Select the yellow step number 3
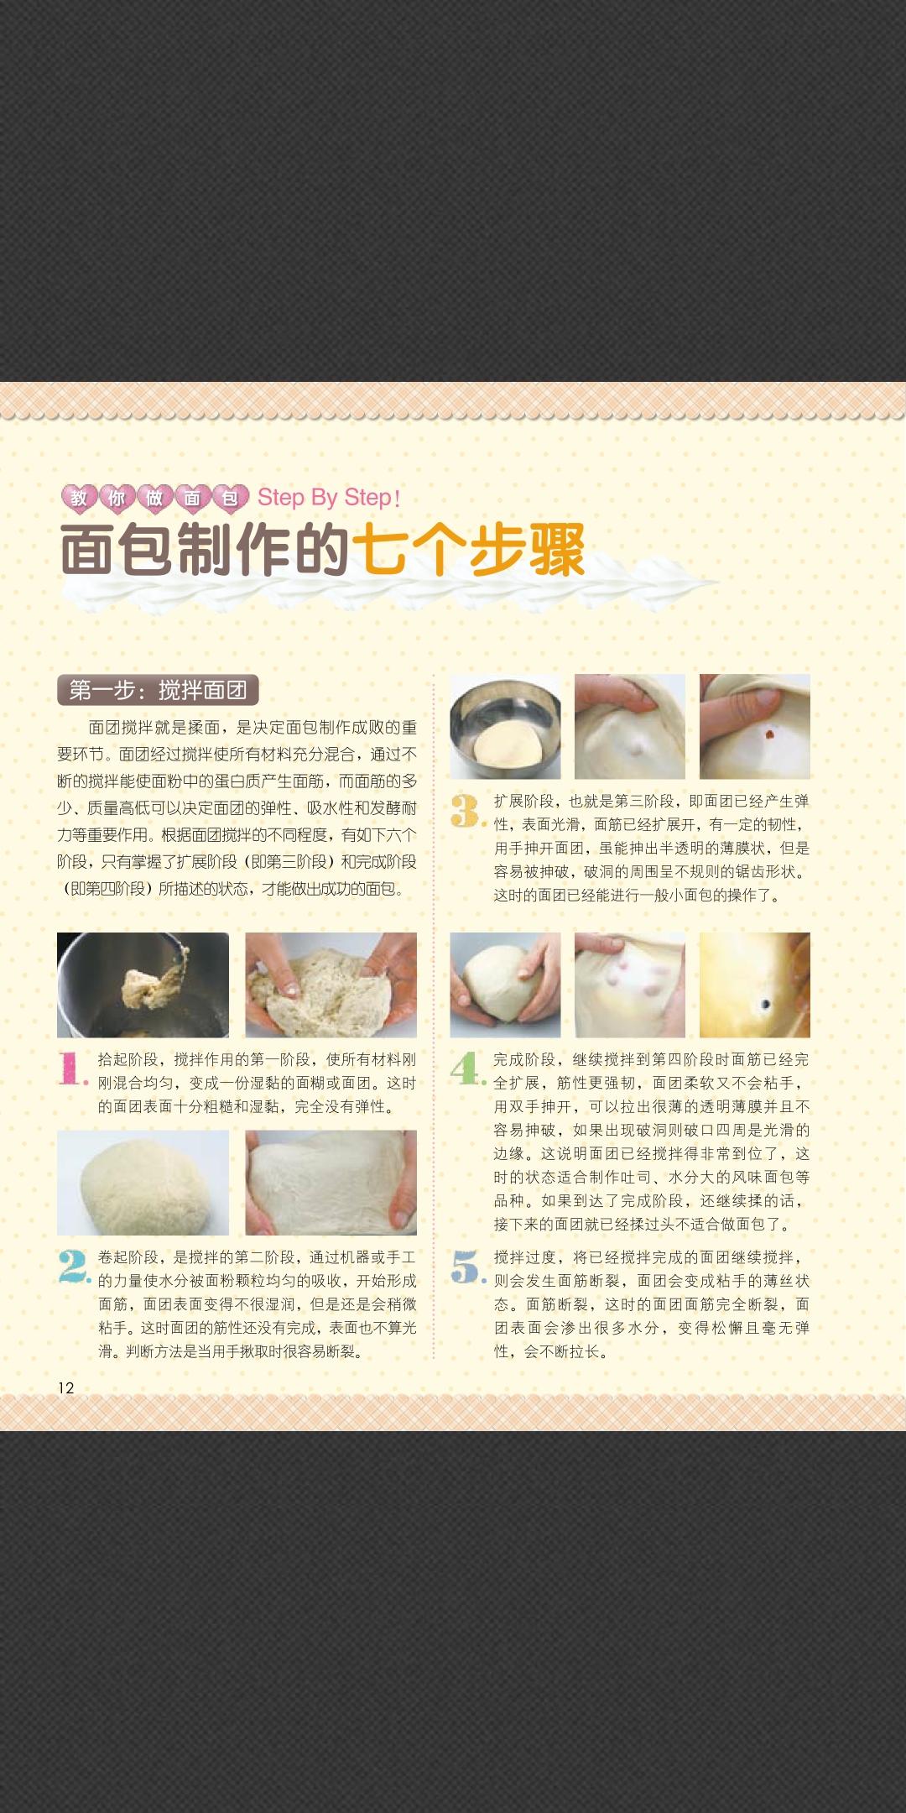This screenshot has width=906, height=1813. click(x=466, y=810)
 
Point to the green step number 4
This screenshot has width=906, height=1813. click(x=466, y=1068)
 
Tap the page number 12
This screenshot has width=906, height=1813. click(x=66, y=1387)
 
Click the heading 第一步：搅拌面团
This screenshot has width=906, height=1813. click(x=158, y=690)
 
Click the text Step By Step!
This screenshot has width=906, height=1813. click(x=328, y=497)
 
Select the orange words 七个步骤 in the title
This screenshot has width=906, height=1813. click(x=468, y=550)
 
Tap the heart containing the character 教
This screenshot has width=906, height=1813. click(x=79, y=498)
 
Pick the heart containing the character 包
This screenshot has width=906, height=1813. click(x=230, y=498)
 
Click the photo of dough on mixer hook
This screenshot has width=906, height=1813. click(x=143, y=985)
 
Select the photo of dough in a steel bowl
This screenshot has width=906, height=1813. click(x=505, y=727)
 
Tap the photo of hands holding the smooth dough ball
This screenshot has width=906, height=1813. click(x=505, y=985)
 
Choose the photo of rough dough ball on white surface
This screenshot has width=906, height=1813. click(x=143, y=1182)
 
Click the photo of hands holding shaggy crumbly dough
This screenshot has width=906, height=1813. click(x=331, y=985)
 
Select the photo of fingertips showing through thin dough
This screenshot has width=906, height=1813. click(x=629, y=985)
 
